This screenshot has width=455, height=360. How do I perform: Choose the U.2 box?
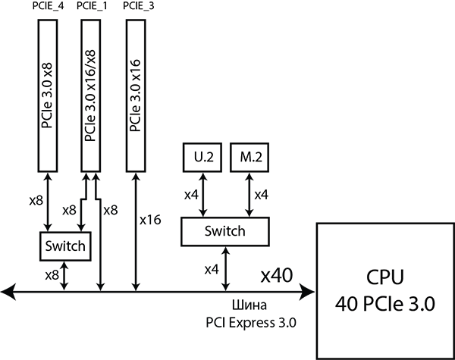click(202, 158)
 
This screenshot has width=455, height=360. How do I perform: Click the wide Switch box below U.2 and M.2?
click(225, 231)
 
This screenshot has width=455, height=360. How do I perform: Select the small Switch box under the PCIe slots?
click(64, 246)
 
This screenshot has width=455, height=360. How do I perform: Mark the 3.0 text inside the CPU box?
click(419, 305)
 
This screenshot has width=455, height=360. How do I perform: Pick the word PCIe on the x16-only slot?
click(136, 120)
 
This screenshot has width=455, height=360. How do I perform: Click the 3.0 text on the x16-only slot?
click(136, 93)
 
